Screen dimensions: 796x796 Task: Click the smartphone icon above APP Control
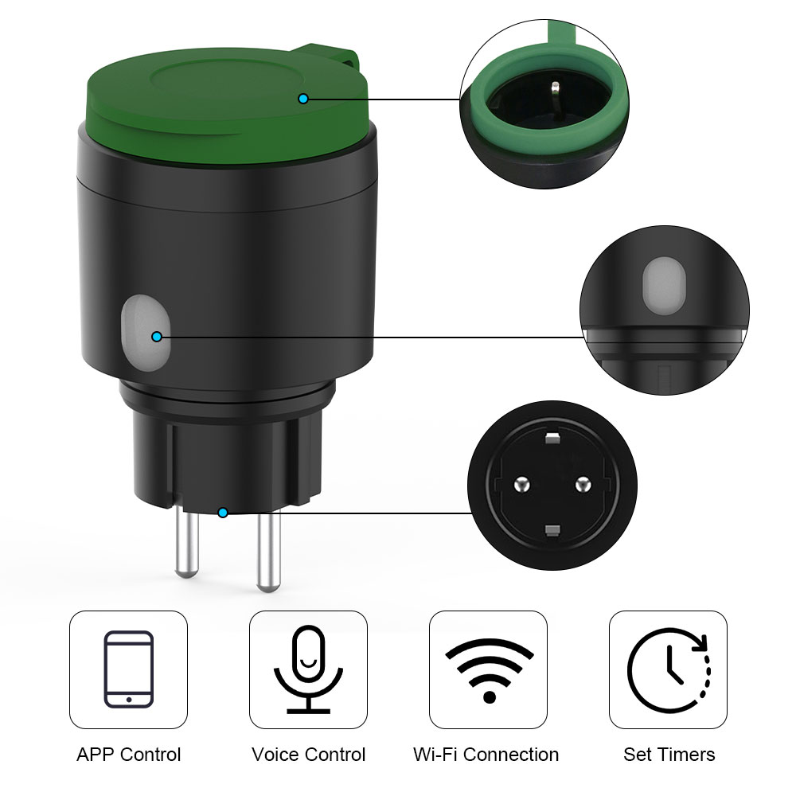[x=128, y=669]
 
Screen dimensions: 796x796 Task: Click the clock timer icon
[x=669, y=670]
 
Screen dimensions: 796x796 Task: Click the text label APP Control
[x=128, y=755]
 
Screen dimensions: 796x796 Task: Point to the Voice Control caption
[x=308, y=755]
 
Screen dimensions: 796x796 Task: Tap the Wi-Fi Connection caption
[x=486, y=755]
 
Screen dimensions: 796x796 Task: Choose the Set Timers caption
[x=669, y=755]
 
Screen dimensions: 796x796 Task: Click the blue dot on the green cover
[x=303, y=99]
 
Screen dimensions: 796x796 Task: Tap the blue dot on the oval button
[x=157, y=337]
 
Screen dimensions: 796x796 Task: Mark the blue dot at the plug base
[x=222, y=513]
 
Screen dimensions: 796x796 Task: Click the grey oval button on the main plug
[x=146, y=333]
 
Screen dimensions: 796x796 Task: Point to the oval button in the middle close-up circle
[x=664, y=286]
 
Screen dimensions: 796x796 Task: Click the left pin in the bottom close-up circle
[x=521, y=484]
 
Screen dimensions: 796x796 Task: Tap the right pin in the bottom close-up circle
[x=583, y=484]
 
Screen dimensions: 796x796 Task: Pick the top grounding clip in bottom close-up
[x=552, y=438]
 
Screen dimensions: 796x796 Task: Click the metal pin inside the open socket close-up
[x=556, y=92]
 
